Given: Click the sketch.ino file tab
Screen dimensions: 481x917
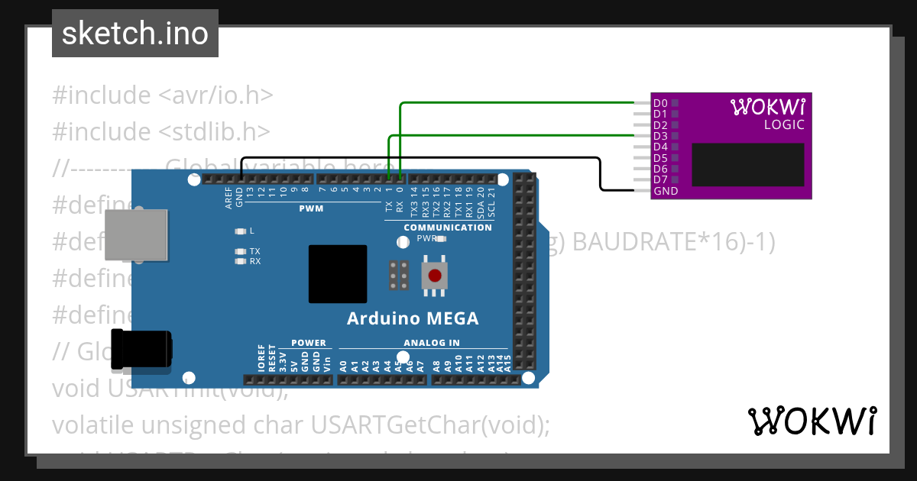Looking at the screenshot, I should (135, 34).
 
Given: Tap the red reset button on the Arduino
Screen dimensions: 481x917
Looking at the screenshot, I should (434, 276).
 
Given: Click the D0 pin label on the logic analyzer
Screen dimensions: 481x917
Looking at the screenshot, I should (660, 103).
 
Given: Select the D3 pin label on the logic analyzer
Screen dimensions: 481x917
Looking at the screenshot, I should (660, 136).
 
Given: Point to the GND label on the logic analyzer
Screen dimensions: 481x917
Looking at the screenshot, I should (666, 191).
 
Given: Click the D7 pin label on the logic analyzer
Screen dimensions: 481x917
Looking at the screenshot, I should (660, 179).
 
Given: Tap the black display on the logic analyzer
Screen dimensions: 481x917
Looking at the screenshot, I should (748, 165).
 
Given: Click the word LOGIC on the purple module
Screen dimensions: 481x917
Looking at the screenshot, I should (784, 124).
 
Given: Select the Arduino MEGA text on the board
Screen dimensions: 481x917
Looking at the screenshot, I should (413, 318).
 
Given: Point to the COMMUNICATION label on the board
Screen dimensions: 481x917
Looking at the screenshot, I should (448, 228).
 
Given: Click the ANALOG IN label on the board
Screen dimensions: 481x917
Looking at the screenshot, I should (432, 343).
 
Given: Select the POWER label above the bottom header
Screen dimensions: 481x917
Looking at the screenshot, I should (308, 343).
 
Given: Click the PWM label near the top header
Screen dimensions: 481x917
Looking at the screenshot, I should (311, 208).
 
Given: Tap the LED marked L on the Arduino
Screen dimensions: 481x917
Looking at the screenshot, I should (241, 231).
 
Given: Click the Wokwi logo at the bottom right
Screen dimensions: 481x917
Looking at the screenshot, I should (811, 421).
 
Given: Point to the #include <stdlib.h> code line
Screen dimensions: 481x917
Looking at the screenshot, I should (161, 131).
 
